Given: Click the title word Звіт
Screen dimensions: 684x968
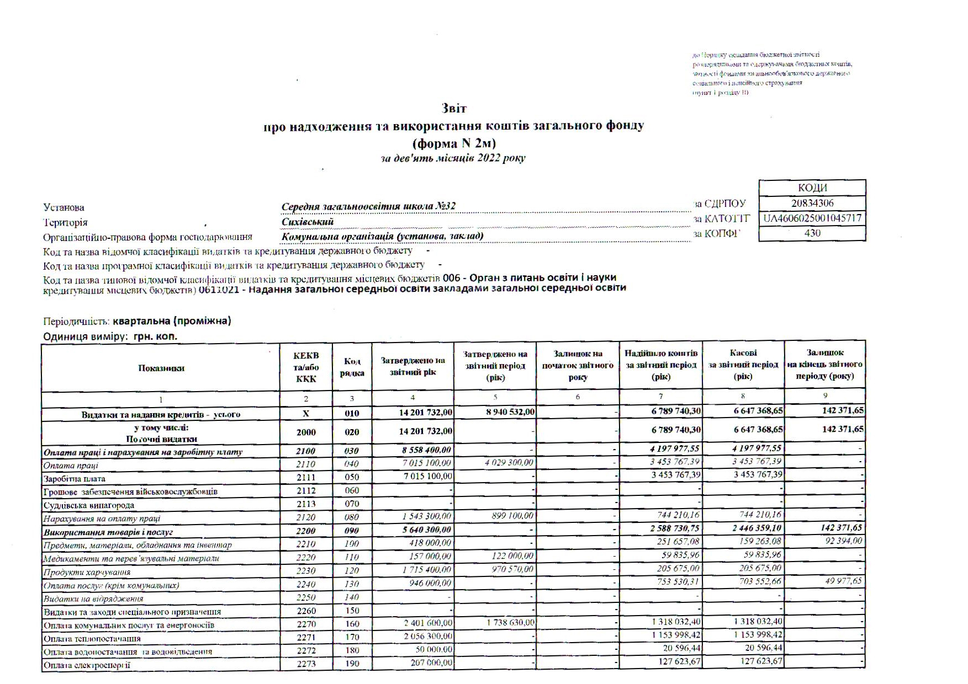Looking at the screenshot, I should pyautogui.click(x=454, y=108).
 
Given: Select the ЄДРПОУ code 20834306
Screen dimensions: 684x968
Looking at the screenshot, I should pyautogui.click(x=812, y=203).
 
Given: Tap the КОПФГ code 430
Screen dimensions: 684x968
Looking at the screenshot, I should pyautogui.click(x=812, y=233).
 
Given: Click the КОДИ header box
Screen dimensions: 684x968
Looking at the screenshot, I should pyautogui.click(x=812, y=188).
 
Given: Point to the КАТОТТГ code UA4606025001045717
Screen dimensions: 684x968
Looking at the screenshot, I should pyautogui.click(x=812, y=218).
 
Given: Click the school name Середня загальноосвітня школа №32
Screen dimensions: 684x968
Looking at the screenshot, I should pyautogui.click(x=368, y=206).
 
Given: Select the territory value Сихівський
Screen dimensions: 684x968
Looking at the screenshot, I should pyautogui.click(x=308, y=222).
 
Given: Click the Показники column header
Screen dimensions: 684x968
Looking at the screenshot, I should pyautogui.click(x=161, y=368).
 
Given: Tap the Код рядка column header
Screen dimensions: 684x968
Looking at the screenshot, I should pyautogui.click(x=352, y=367).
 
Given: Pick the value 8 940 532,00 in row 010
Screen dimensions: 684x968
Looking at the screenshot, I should pyautogui.click(x=510, y=412).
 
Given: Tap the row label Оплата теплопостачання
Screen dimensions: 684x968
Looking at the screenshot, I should pyautogui.click(x=92, y=639).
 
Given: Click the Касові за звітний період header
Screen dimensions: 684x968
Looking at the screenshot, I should pyautogui.click(x=743, y=365).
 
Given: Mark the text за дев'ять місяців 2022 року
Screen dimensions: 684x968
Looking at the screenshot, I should pyautogui.click(x=453, y=158).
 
